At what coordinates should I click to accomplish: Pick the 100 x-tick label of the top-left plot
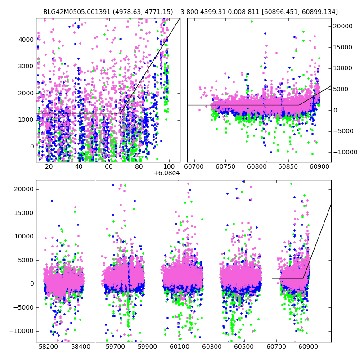pos(169,166)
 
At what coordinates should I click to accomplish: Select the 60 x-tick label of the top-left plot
pos(109,166)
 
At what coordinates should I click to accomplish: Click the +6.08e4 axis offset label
pos(166,173)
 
